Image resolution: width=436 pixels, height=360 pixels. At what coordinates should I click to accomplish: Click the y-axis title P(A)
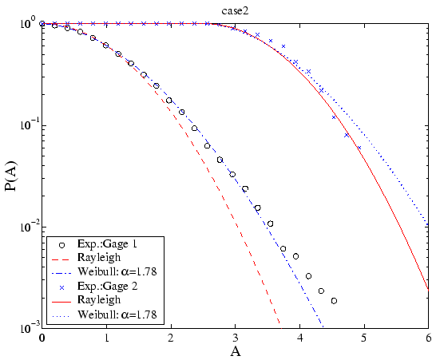[11, 175]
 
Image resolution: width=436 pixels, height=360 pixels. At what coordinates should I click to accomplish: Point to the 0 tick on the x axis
[42, 338]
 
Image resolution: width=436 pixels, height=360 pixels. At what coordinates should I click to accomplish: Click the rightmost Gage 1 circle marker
[334, 301]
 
